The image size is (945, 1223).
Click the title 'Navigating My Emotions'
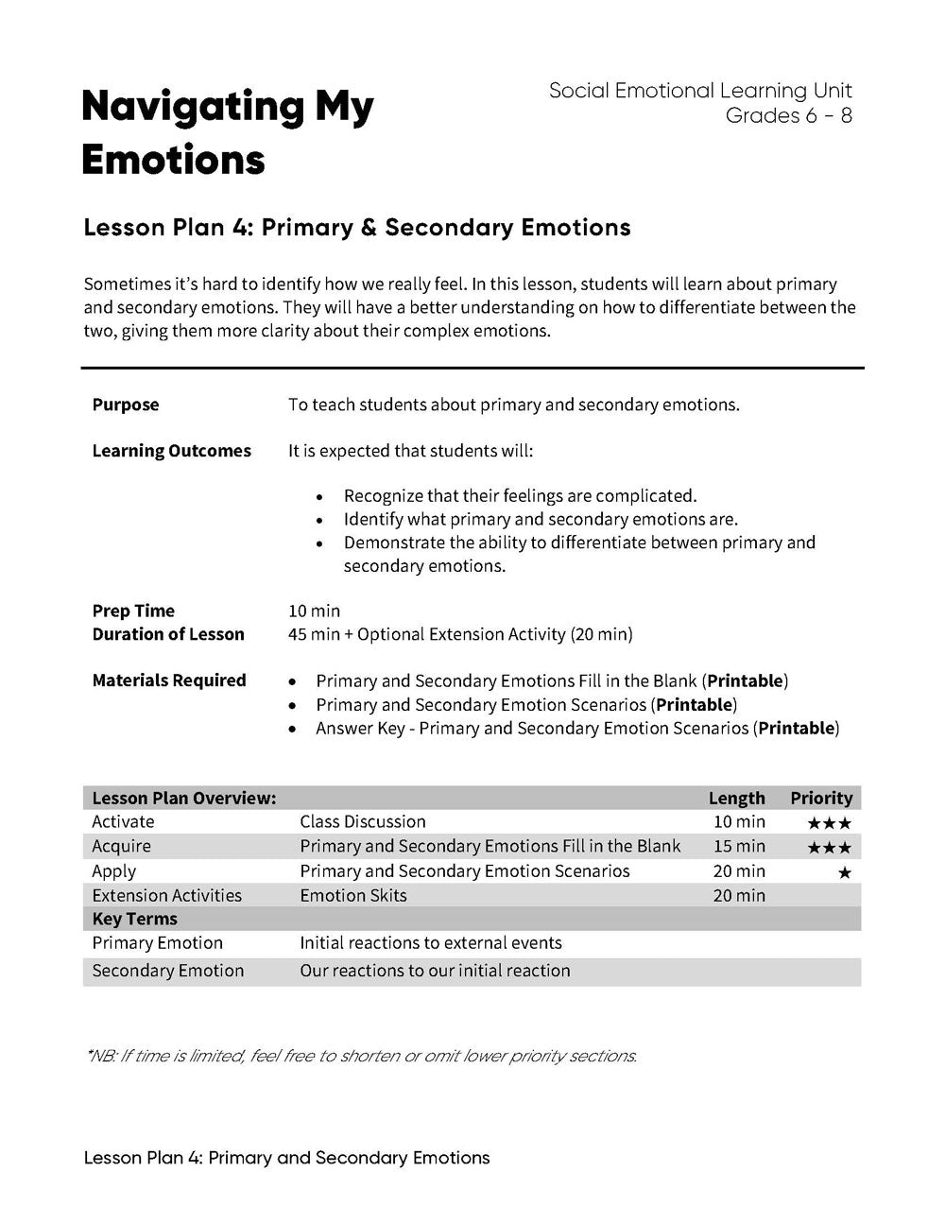[227, 133]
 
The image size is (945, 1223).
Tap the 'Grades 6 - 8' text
[788, 115]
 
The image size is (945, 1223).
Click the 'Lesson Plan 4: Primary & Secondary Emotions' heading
[356, 228]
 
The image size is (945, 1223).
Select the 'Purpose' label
[126, 405]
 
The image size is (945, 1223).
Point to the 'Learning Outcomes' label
[171, 451]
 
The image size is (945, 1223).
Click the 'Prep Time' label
[133, 611]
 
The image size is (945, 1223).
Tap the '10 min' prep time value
[314, 611]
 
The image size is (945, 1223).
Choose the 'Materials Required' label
[169, 680]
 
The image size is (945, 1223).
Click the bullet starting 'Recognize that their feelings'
[520, 495]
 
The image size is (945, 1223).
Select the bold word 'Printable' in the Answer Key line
[796, 728]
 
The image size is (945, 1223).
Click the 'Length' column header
[736, 798]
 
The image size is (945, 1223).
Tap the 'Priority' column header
[821, 798]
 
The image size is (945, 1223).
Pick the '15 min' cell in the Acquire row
[739, 846]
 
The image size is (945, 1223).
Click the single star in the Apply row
[844, 872]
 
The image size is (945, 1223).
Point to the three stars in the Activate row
[829, 823]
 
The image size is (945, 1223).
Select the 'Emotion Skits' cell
[353, 895]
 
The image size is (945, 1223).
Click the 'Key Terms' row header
[134, 919]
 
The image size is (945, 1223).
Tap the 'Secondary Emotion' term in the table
[167, 971]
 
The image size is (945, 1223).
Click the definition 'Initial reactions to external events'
[431, 943]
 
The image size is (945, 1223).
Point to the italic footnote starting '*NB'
[361, 1056]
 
